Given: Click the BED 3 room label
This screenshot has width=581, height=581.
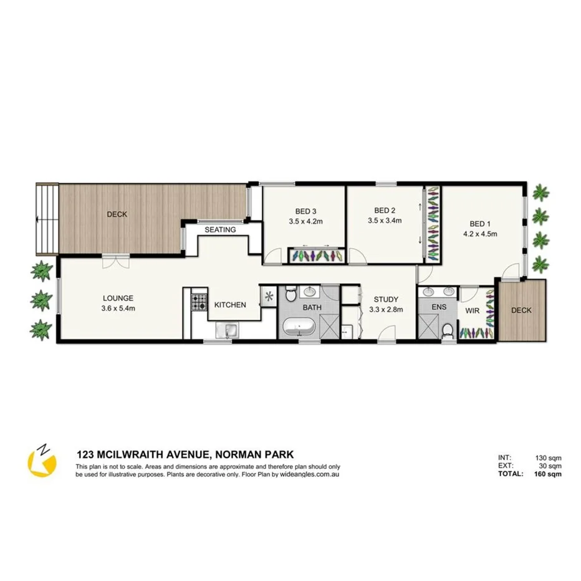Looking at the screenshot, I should click(x=305, y=210).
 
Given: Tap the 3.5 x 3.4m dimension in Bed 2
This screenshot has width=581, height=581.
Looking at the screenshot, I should click(x=385, y=221).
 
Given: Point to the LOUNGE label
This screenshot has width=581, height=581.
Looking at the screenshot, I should click(x=118, y=298).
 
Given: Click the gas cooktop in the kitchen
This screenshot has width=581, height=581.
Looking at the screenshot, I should click(x=199, y=302).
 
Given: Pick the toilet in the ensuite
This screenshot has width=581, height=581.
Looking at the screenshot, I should click(x=447, y=331).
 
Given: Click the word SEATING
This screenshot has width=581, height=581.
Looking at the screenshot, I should click(x=221, y=229).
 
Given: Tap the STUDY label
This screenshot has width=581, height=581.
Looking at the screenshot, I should click(x=386, y=299).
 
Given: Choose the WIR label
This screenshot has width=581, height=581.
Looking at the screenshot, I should click(x=473, y=310).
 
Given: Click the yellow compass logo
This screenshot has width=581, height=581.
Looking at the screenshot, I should click(x=42, y=462).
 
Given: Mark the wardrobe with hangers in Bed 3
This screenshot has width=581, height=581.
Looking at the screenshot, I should click(x=317, y=256).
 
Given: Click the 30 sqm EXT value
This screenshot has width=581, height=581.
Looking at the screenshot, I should click(x=550, y=466).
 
